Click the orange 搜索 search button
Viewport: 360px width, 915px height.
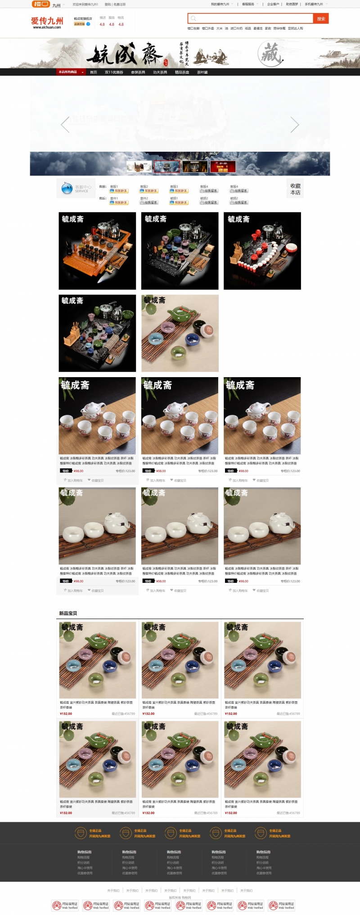pyautogui.click(x=321, y=18)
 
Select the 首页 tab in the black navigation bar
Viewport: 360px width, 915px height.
pyautogui.click(x=94, y=72)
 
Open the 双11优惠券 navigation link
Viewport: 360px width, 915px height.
pyautogui.click(x=114, y=72)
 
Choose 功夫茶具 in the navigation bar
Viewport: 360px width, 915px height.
pyautogui.click(x=160, y=72)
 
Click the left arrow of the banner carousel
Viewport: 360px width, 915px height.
pyautogui.click(x=65, y=125)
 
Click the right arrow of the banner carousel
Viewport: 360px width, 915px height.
pyautogui.click(x=295, y=125)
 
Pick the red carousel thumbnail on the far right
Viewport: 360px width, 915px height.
pyautogui.click(x=223, y=167)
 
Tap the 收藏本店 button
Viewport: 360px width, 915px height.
pyautogui.click(x=295, y=189)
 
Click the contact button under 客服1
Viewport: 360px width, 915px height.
pyautogui.click(x=119, y=191)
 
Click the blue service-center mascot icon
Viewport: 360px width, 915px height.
pyautogui.click(x=67, y=189)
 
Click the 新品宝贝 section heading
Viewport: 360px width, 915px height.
pyautogui.click(x=68, y=613)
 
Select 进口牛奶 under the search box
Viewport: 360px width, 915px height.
pyautogui.click(x=236, y=28)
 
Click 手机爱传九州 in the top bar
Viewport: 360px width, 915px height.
pyautogui.click(x=314, y=4)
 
